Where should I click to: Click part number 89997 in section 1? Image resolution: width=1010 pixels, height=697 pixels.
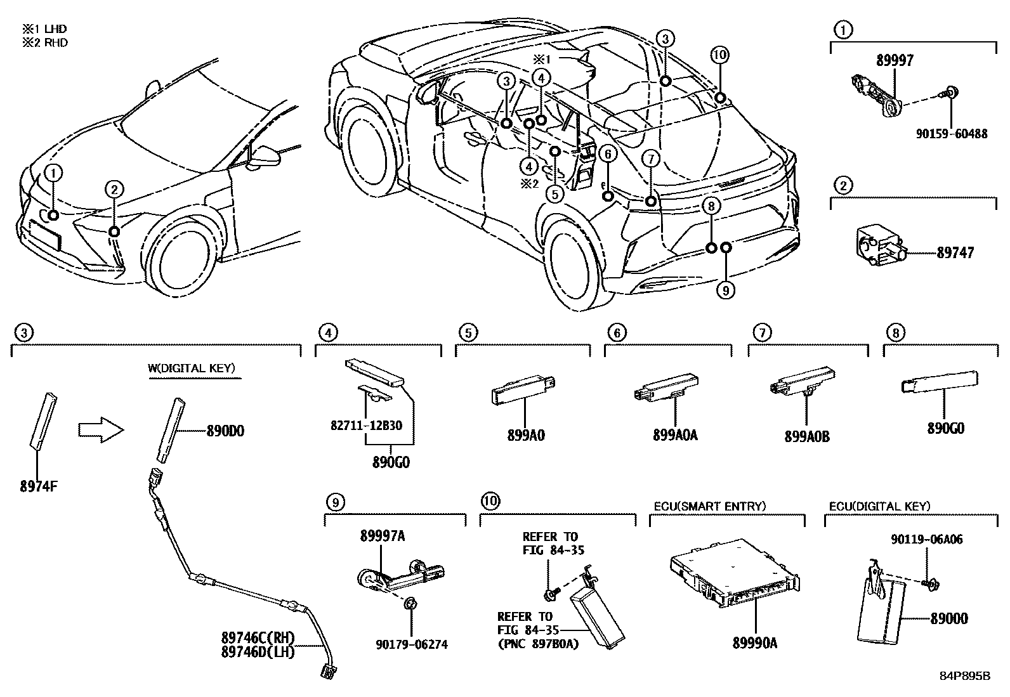point(895,60)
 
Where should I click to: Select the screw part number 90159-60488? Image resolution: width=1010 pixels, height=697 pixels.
point(952,134)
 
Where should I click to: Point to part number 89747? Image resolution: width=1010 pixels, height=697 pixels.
point(955,252)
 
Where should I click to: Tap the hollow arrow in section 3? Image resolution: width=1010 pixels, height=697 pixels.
point(100,431)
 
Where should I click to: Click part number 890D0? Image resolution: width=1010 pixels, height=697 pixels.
point(225,431)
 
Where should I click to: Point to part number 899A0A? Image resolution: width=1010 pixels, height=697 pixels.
point(674,436)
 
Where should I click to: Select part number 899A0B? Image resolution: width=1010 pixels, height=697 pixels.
point(807,436)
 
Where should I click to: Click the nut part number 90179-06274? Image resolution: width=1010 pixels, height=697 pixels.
point(410,644)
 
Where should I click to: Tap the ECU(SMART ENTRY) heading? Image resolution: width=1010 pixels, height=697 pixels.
point(710,506)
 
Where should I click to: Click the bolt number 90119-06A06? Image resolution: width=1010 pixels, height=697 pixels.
point(926,540)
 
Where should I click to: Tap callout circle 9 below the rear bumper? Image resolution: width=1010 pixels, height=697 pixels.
point(726,290)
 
